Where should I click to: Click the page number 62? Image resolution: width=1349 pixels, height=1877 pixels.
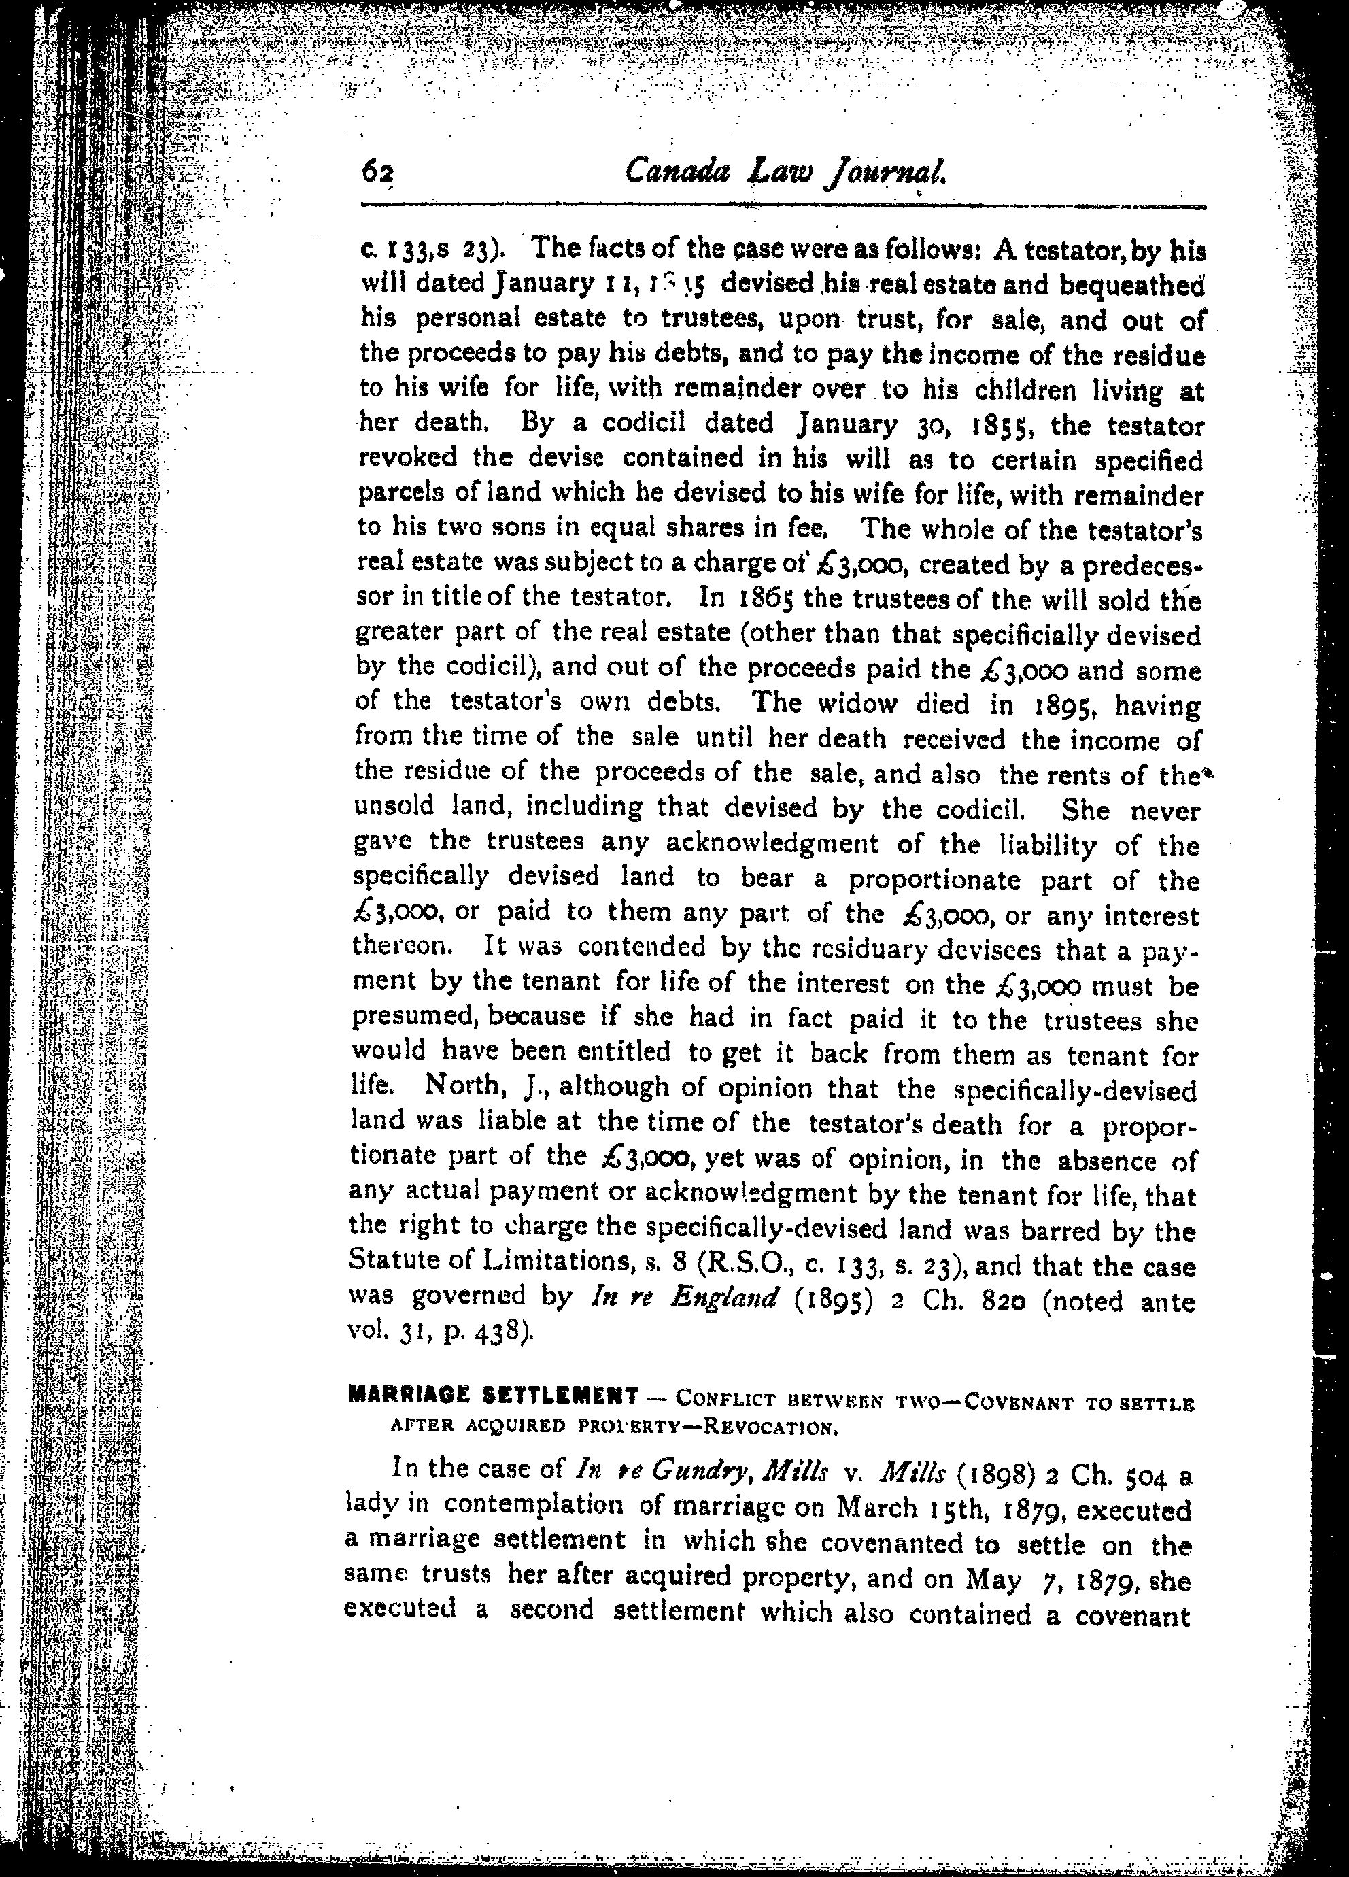pyautogui.click(x=378, y=172)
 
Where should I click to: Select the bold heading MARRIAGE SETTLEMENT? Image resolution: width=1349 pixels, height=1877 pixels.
pyautogui.click(x=493, y=1396)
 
